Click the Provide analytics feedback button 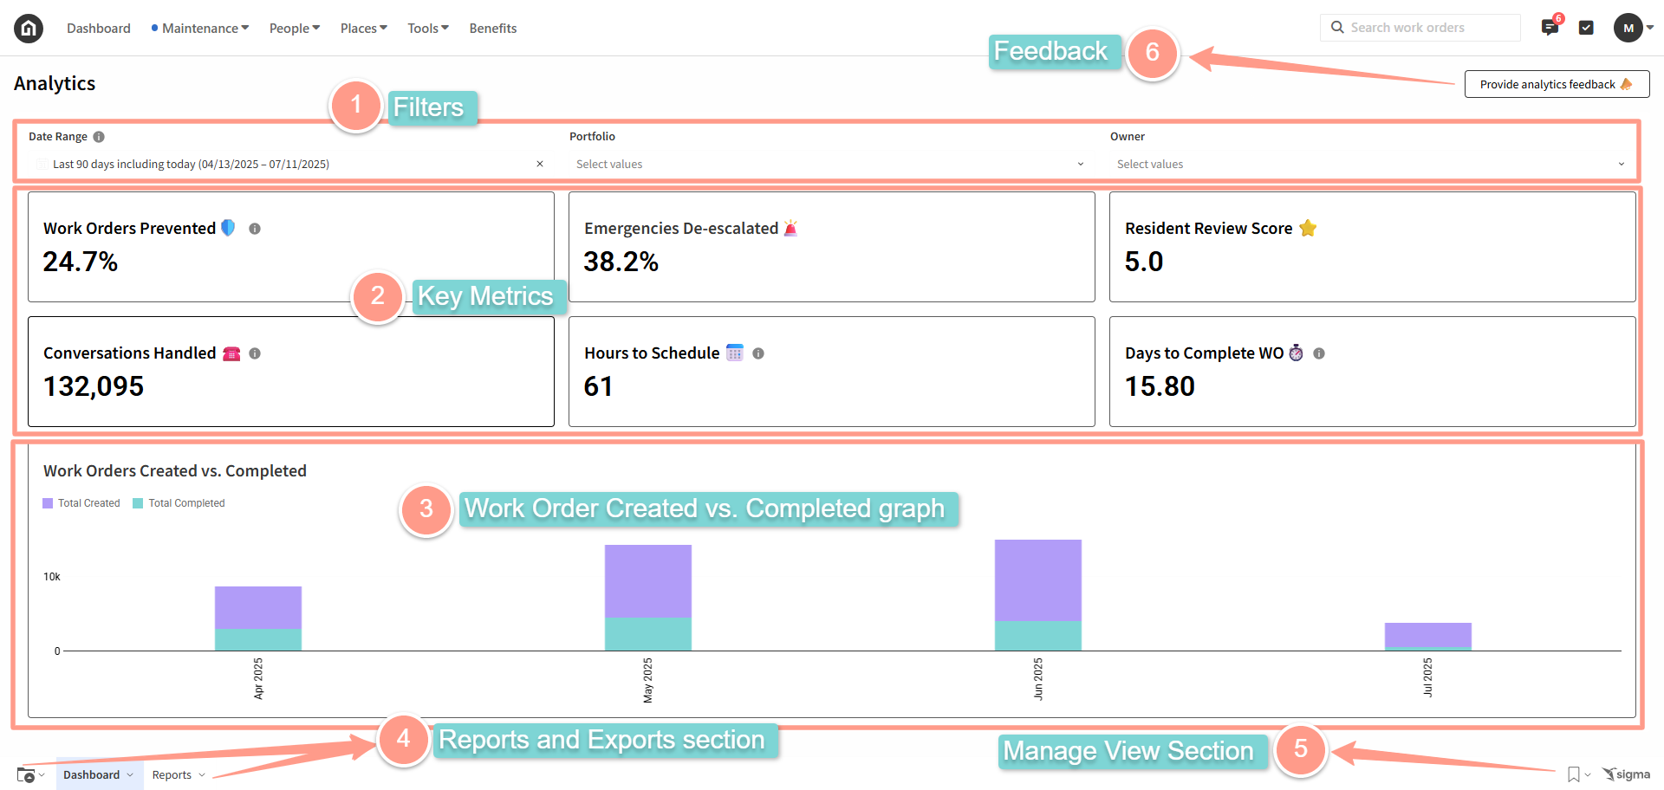point(1556,84)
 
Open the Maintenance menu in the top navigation point(200,29)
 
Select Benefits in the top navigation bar point(492,29)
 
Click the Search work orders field point(1421,28)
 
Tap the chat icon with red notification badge point(1550,28)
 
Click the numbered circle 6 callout point(1152,53)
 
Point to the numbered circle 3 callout point(426,509)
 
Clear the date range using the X point(540,164)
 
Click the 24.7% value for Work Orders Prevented point(81,262)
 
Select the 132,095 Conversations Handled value point(94,386)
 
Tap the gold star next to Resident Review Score point(1308,229)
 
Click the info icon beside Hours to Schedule point(758,353)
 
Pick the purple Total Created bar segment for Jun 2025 point(1037,580)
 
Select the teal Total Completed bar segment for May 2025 point(647,633)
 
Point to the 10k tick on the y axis point(52,577)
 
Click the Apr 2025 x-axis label point(258,678)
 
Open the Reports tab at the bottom point(172,775)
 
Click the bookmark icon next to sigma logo point(1573,774)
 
